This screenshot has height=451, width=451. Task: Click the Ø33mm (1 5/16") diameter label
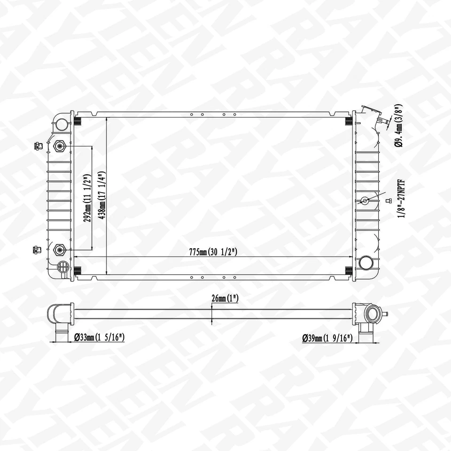(x=99, y=338)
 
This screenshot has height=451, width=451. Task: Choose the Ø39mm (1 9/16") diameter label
(x=327, y=338)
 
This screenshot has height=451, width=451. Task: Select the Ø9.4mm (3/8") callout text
(x=398, y=126)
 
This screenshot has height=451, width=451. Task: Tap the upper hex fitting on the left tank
(x=60, y=146)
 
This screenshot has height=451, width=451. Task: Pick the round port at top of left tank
(x=61, y=124)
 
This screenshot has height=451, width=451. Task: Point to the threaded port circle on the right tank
(x=365, y=201)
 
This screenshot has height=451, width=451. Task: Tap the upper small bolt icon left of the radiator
(x=38, y=146)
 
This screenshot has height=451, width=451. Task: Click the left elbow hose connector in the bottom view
(x=60, y=319)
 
